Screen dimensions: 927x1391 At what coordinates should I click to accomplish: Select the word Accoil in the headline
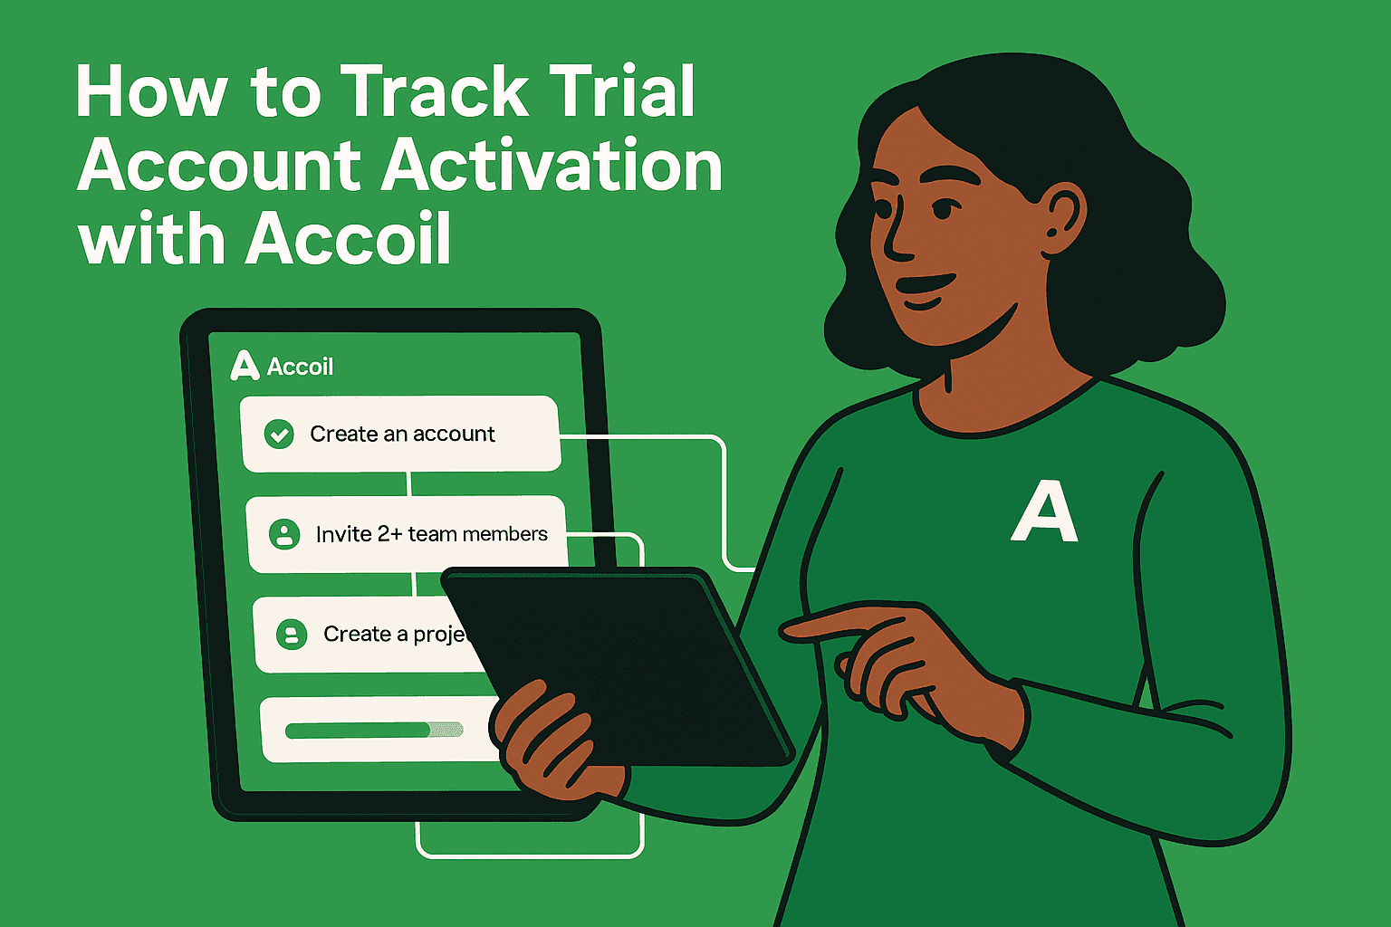[349, 240]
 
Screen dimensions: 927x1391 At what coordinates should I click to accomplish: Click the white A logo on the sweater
[1044, 512]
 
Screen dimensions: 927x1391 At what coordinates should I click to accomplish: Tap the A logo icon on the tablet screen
[245, 366]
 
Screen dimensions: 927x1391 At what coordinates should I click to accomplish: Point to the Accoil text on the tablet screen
[301, 367]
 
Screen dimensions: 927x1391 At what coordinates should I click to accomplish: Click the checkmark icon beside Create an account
[279, 435]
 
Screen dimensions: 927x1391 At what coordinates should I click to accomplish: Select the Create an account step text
[402, 435]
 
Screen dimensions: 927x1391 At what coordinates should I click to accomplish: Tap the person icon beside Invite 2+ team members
[284, 534]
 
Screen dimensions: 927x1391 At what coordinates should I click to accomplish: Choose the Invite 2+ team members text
[431, 534]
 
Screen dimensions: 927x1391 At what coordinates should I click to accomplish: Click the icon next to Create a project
[292, 634]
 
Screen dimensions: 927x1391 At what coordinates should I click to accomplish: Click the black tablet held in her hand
[625, 661]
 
